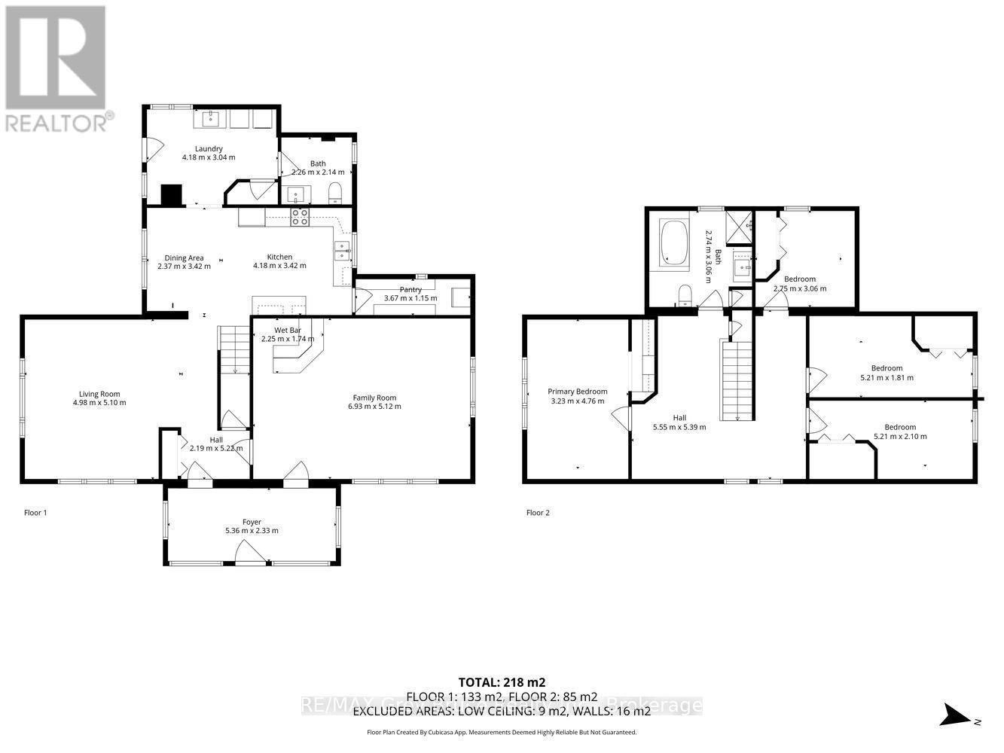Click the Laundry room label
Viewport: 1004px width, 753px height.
[209, 148]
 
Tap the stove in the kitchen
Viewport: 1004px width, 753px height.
[300, 217]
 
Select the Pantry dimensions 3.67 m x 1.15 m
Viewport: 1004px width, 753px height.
[410, 298]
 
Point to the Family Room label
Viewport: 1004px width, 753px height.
[374, 398]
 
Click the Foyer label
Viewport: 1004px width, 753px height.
[252, 522]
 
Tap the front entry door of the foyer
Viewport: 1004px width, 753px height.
[251, 556]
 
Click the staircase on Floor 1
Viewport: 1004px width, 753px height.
[235, 350]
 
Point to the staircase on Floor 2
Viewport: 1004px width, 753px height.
[737, 380]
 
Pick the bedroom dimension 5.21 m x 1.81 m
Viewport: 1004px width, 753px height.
[887, 378]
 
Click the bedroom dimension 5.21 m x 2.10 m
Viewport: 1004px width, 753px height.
[900, 436]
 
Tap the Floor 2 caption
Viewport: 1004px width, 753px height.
[538, 513]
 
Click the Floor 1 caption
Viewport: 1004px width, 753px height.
[35, 513]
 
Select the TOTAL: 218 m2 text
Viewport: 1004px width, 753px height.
[501, 682]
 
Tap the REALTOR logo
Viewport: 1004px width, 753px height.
[56, 68]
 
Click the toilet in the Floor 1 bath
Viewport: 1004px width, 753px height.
[335, 194]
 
